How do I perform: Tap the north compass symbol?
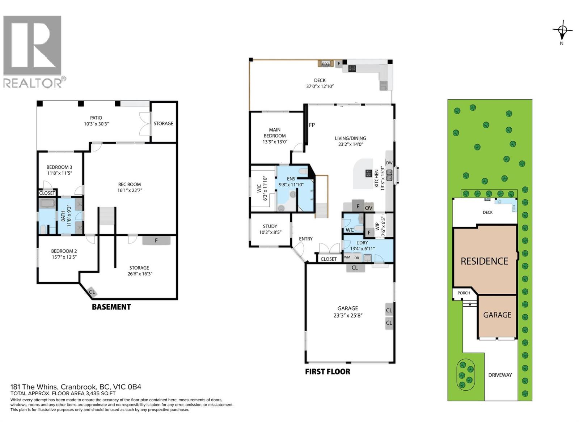(x=562, y=31)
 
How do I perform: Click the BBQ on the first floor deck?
(x=325, y=64)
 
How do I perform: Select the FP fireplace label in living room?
(x=312, y=125)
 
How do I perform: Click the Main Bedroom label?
(x=275, y=132)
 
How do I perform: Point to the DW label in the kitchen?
(x=389, y=163)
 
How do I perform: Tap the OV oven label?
(x=368, y=208)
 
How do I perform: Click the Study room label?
(x=270, y=226)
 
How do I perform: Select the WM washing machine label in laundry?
(x=347, y=258)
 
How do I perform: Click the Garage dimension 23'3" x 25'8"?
(x=348, y=315)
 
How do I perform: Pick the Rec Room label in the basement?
(x=129, y=184)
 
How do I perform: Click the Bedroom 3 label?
(x=59, y=167)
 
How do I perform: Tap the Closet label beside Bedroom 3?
(x=47, y=193)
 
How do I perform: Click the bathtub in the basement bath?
(x=47, y=204)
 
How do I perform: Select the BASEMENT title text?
(x=111, y=307)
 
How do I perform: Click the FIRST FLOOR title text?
(x=327, y=371)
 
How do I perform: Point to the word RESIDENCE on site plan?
(x=484, y=261)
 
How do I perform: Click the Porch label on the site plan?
(x=464, y=293)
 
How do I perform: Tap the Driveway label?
(x=500, y=375)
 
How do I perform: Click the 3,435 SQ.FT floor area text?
(x=100, y=393)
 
